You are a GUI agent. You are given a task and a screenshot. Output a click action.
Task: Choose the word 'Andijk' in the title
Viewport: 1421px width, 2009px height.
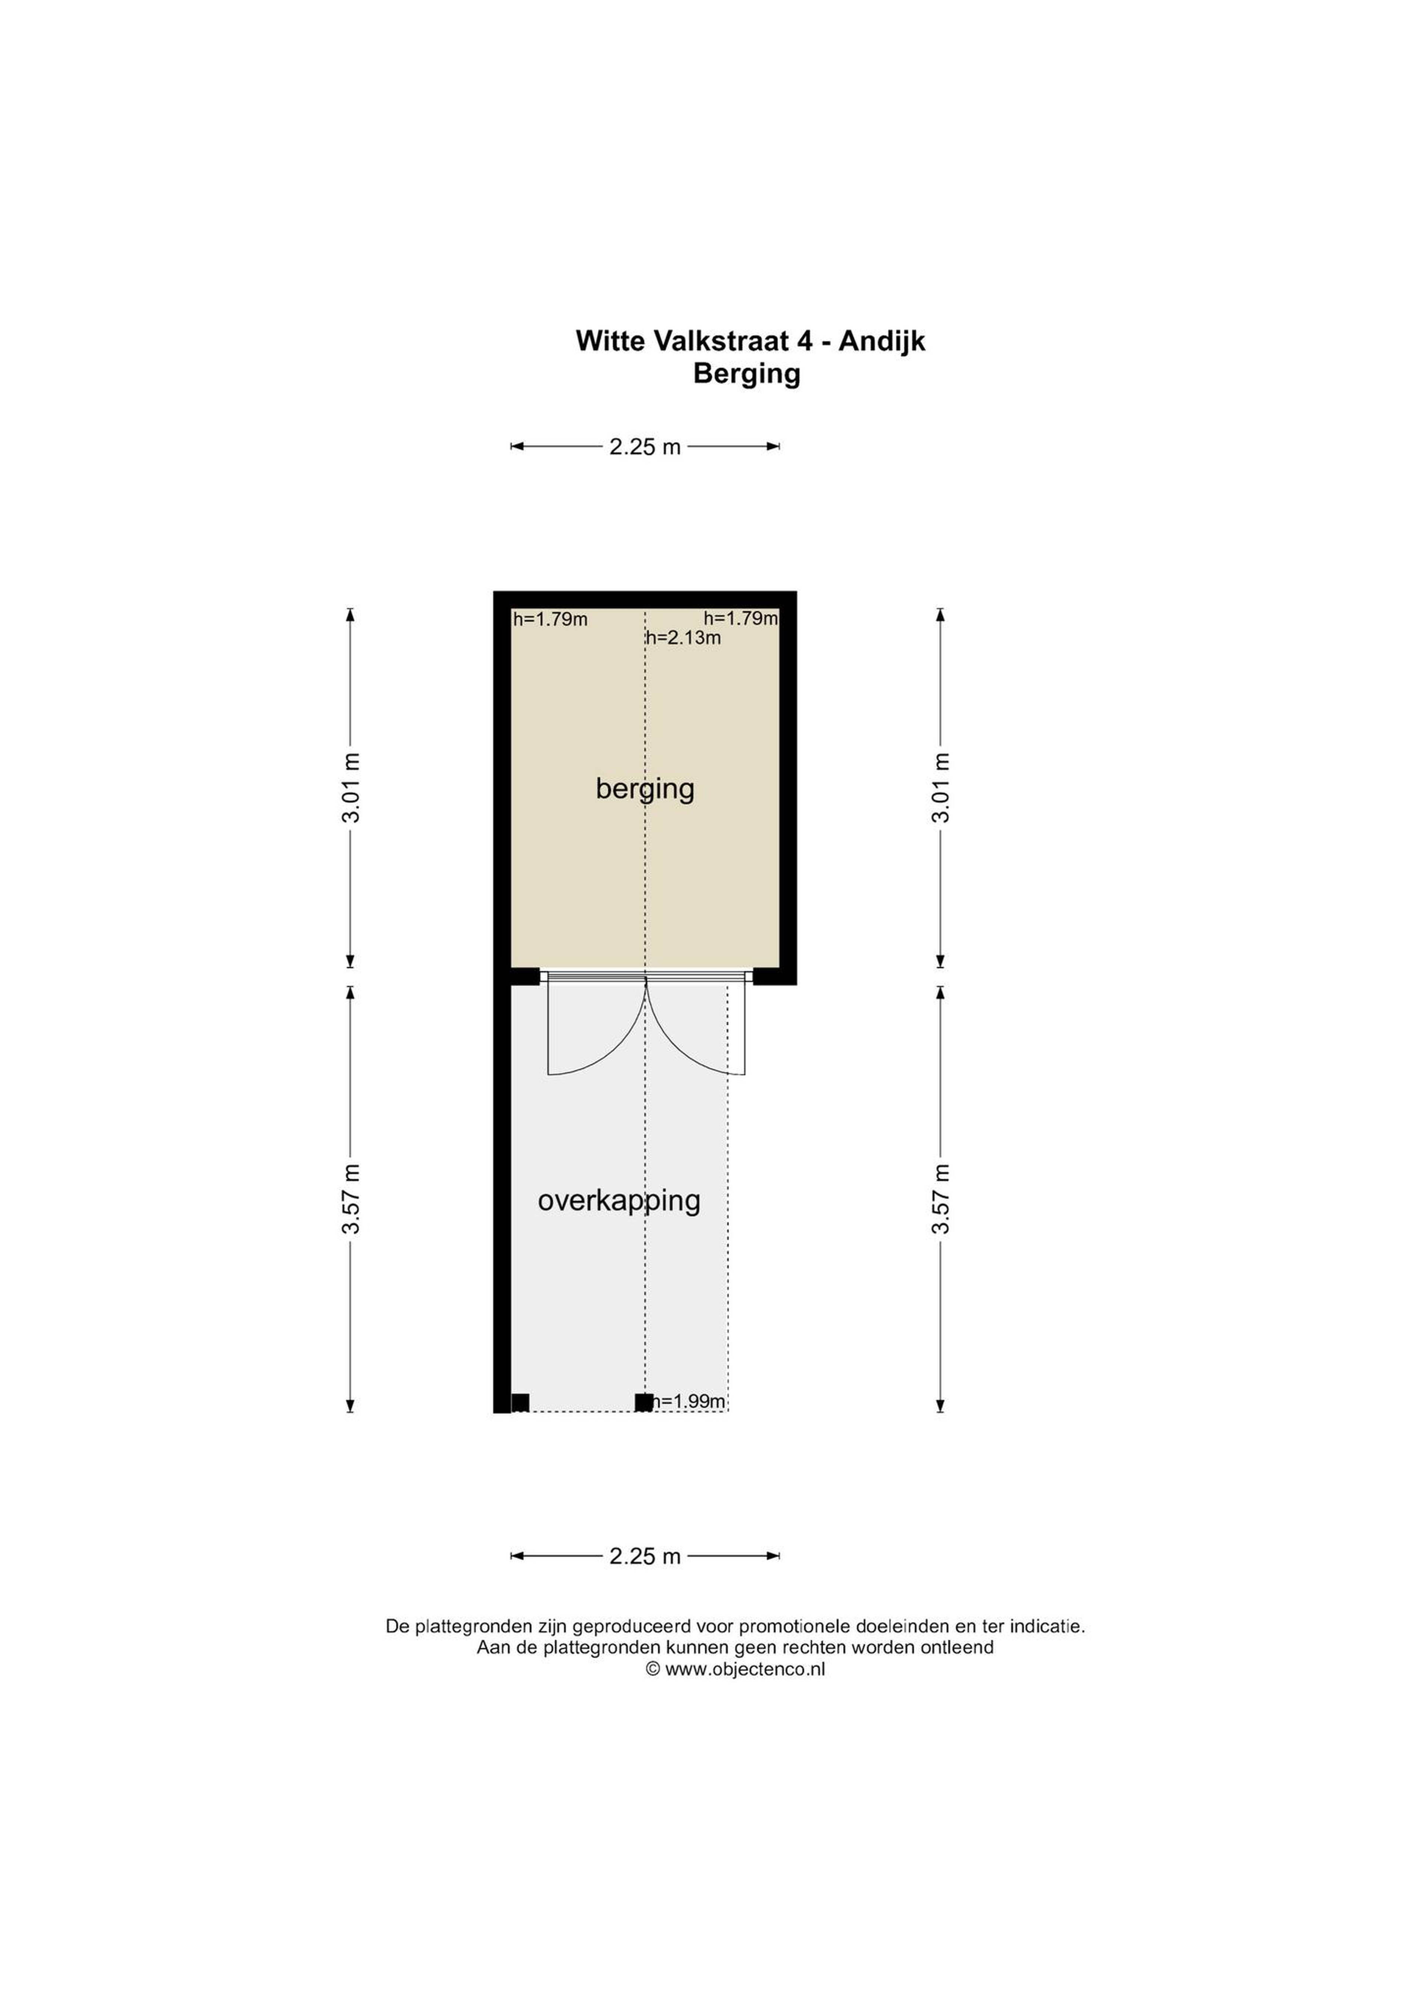(x=882, y=341)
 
